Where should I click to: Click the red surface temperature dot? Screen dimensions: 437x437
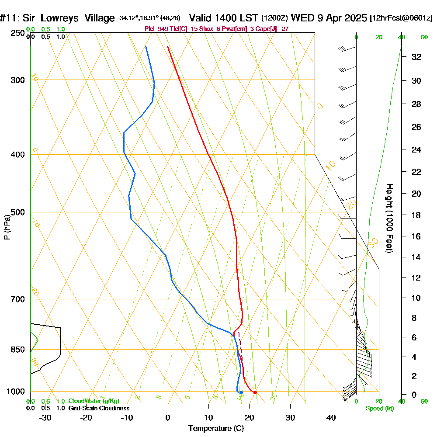pyautogui.click(x=255, y=392)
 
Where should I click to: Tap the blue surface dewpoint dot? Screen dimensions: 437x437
pyautogui.click(x=241, y=392)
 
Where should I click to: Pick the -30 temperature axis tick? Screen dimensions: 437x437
pyautogui.click(x=45, y=418)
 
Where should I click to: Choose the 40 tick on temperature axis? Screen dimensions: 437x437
pyautogui.click(x=331, y=418)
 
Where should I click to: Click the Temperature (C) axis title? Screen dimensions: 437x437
pyautogui.click(x=216, y=429)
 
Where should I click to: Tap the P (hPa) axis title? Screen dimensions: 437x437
pyautogui.click(x=7, y=227)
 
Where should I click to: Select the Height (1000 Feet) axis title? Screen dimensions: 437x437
pyautogui.click(x=388, y=218)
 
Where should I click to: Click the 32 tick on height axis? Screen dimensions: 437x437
pyautogui.click(x=416, y=57)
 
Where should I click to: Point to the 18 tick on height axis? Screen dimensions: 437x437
pyautogui.click(x=416, y=215)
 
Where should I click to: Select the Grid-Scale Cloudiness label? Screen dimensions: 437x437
pyautogui.click(x=99, y=408)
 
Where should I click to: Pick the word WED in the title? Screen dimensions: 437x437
pyautogui.click(x=300, y=18)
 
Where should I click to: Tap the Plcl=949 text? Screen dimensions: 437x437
pyautogui.click(x=157, y=29)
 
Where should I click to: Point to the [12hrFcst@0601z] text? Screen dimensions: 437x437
pyautogui.click(x=401, y=18)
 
